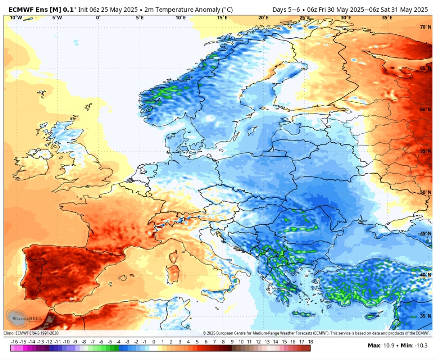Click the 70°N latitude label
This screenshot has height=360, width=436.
[x=425, y=27]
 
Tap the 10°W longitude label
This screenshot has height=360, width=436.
[x=15, y=18]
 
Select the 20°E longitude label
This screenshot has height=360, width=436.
[x=263, y=18]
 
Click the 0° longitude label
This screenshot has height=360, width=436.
[x=98, y=18]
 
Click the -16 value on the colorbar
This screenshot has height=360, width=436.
[x=15, y=342]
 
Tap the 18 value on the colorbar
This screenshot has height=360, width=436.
[x=310, y=342]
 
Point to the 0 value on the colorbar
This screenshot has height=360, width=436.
[x=153, y=342]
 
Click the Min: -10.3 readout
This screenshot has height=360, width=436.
[x=414, y=345]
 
